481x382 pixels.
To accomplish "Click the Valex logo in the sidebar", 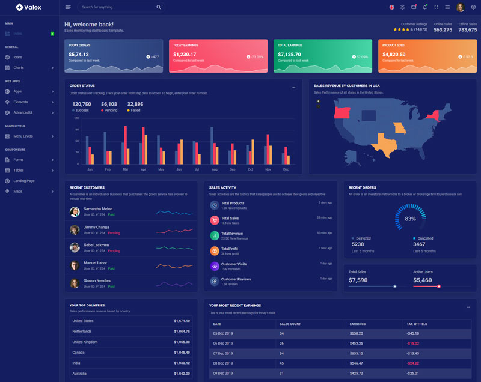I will tap(28, 7).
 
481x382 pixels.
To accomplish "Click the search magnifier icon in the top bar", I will tap(158, 7).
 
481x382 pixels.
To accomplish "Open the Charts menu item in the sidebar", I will tap(19, 68).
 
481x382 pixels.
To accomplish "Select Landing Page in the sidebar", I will tap(24, 181).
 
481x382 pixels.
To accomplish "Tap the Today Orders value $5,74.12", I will tap(78, 54).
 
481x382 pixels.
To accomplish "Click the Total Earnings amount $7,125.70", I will tap(289, 54).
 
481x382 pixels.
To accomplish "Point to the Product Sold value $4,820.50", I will tap(394, 54).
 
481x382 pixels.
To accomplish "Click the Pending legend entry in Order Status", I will tap(110, 111).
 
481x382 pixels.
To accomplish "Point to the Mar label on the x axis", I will tap(125, 169).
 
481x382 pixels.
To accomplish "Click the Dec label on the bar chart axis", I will tap(286, 169).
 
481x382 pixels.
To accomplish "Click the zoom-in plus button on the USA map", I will tap(318, 101).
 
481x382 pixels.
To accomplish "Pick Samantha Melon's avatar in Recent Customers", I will tap(75, 211).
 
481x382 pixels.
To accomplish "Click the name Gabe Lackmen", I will tap(96, 245).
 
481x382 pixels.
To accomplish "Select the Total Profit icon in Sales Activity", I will tap(214, 250).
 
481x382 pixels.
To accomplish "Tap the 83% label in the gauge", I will tap(410, 219).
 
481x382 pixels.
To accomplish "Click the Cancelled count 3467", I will tap(419, 244).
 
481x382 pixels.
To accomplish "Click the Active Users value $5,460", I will tap(422, 280).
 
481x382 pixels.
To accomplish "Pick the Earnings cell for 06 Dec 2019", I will tap(357, 343).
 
